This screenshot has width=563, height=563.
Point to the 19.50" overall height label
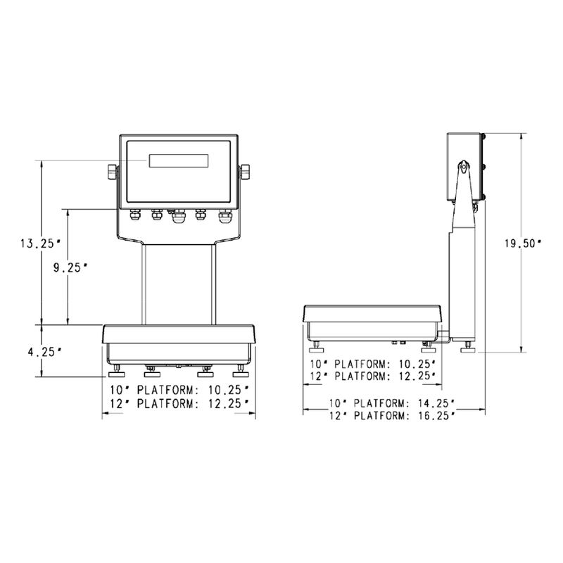coord(522,243)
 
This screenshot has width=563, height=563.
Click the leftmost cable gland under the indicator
coord(134,214)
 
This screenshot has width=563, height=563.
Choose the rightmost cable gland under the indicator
coord(224,214)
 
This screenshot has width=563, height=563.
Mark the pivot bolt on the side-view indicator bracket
coord(464,167)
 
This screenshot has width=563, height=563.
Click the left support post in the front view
coord(145,281)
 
